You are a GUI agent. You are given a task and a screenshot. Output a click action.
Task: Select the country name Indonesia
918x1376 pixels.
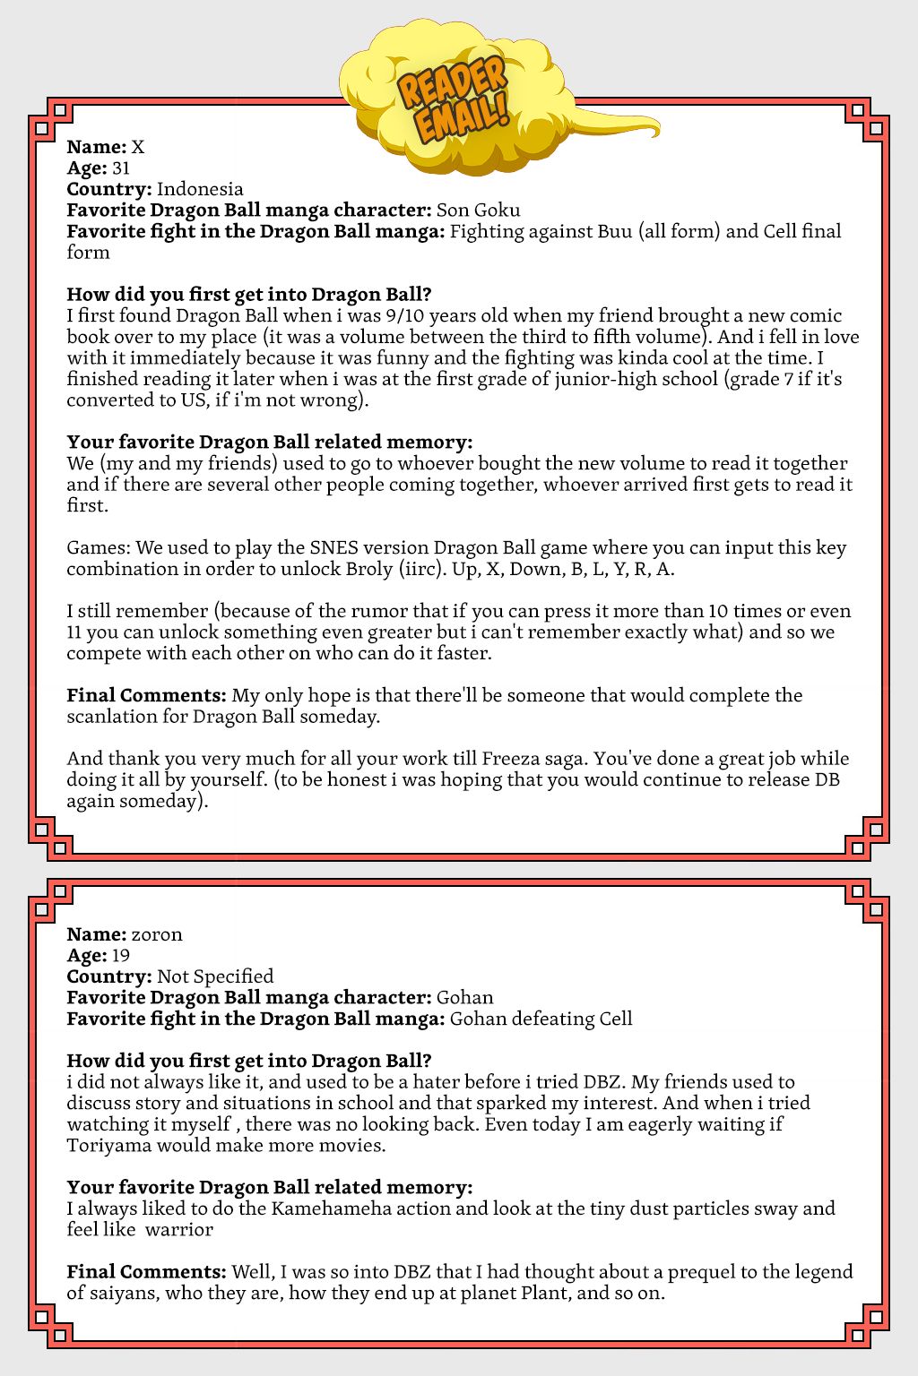pyautogui.click(x=200, y=189)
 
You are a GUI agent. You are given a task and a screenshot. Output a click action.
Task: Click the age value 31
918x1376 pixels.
pyautogui.click(x=121, y=168)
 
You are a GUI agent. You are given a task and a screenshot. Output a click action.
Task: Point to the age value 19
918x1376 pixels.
pyautogui.click(x=121, y=955)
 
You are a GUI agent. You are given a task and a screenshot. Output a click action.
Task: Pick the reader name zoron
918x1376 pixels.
pyautogui.click(x=157, y=934)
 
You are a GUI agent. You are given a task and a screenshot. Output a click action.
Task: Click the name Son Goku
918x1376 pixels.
pyautogui.click(x=478, y=211)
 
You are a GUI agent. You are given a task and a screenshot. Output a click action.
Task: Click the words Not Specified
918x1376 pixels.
pyautogui.click(x=215, y=976)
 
